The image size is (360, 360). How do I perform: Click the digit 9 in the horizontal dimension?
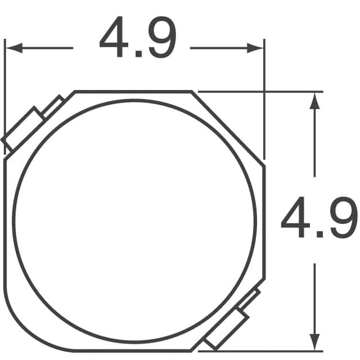click(x=163, y=37)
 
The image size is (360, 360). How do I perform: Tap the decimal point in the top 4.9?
click(x=139, y=54)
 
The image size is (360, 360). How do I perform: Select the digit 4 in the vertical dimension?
click(x=295, y=217)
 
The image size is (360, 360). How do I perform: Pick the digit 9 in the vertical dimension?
click(x=344, y=217)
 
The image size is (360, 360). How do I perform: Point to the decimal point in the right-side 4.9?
click(x=320, y=234)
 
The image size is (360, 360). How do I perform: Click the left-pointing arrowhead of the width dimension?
click(x=13, y=48)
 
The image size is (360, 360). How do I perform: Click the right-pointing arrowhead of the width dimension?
click(x=255, y=48)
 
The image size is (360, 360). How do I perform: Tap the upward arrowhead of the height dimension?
click(x=314, y=101)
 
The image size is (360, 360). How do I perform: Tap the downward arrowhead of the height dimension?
click(x=314, y=342)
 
